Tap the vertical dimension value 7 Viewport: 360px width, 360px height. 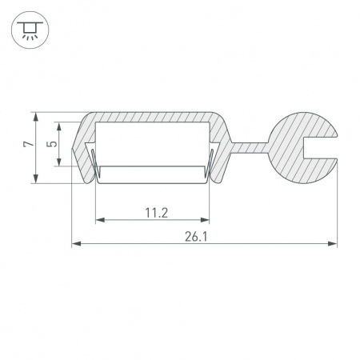click(x=27, y=146)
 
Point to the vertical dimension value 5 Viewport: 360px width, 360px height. click(x=51, y=145)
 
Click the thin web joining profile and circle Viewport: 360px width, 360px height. click(x=250, y=146)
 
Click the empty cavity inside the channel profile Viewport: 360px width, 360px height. click(x=152, y=144)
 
